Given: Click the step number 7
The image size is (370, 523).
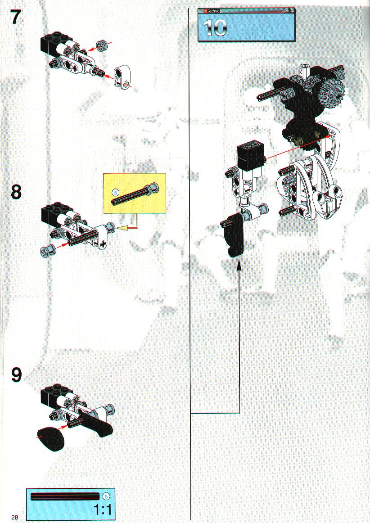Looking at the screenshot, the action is [x=16, y=17].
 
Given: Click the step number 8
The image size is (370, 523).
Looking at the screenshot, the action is [x=16, y=192].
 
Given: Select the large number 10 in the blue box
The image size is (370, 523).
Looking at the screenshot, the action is [x=215, y=27].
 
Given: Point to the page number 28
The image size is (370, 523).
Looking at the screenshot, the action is [x=15, y=517].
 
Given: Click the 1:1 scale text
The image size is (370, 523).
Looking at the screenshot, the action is [x=103, y=509].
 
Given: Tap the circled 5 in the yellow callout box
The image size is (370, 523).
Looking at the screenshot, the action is [x=115, y=193].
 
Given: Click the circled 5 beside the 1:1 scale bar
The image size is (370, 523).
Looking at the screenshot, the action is [x=106, y=496].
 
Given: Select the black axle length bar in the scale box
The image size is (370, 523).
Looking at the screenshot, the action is [x=65, y=496].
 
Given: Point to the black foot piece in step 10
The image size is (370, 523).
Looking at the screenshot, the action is [x=233, y=235].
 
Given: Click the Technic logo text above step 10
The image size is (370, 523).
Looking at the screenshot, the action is [x=214, y=11].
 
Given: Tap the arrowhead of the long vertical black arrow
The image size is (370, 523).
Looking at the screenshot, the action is [x=239, y=266].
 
